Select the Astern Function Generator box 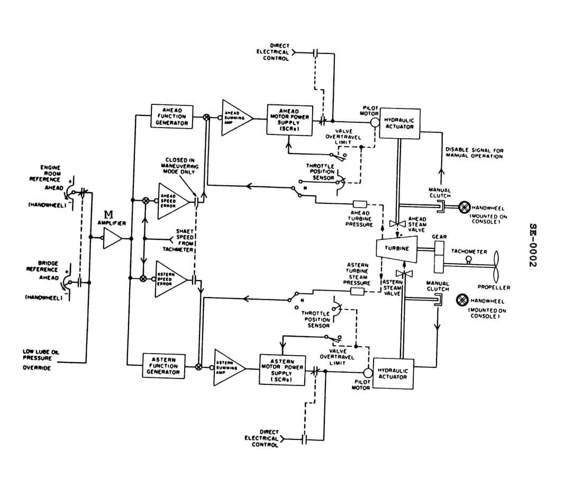point(163,365)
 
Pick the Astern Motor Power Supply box point(283,369)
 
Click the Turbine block point(396,248)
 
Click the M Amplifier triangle point(112,238)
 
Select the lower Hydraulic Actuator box point(392,373)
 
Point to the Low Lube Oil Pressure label point(37,359)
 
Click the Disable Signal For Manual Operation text point(474,153)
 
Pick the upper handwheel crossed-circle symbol point(464,206)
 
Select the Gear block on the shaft point(440,255)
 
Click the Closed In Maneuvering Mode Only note point(180,166)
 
